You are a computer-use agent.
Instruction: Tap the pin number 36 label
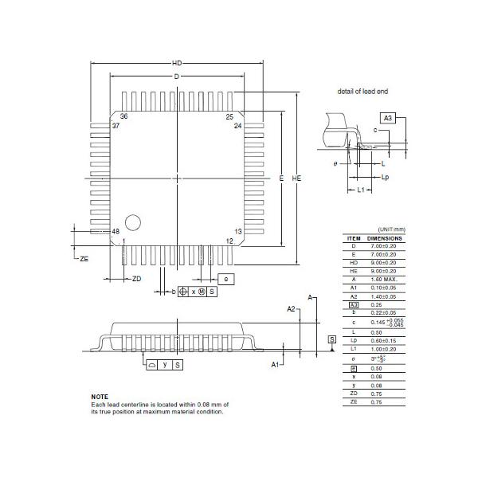coord(124,117)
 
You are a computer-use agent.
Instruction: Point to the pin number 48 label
coord(116,232)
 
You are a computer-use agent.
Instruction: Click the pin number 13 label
coord(237,231)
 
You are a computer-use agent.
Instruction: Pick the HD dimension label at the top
coord(177,64)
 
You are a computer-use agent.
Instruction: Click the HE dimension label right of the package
coord(296,179)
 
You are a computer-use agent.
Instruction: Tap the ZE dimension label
coord(84,259)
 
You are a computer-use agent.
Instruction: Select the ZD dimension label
coord(136,278)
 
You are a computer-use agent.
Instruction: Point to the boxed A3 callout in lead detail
coord(388,118)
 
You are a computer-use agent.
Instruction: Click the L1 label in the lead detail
coord(360,190)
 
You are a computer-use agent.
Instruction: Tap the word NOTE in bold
coord(100,397)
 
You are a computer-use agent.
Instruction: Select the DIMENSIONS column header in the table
coord(384,238)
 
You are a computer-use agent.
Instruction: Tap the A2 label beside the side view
coord(291,308)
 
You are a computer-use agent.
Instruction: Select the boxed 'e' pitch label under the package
coord(226,279)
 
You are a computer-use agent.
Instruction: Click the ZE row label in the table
coord(354,402)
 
